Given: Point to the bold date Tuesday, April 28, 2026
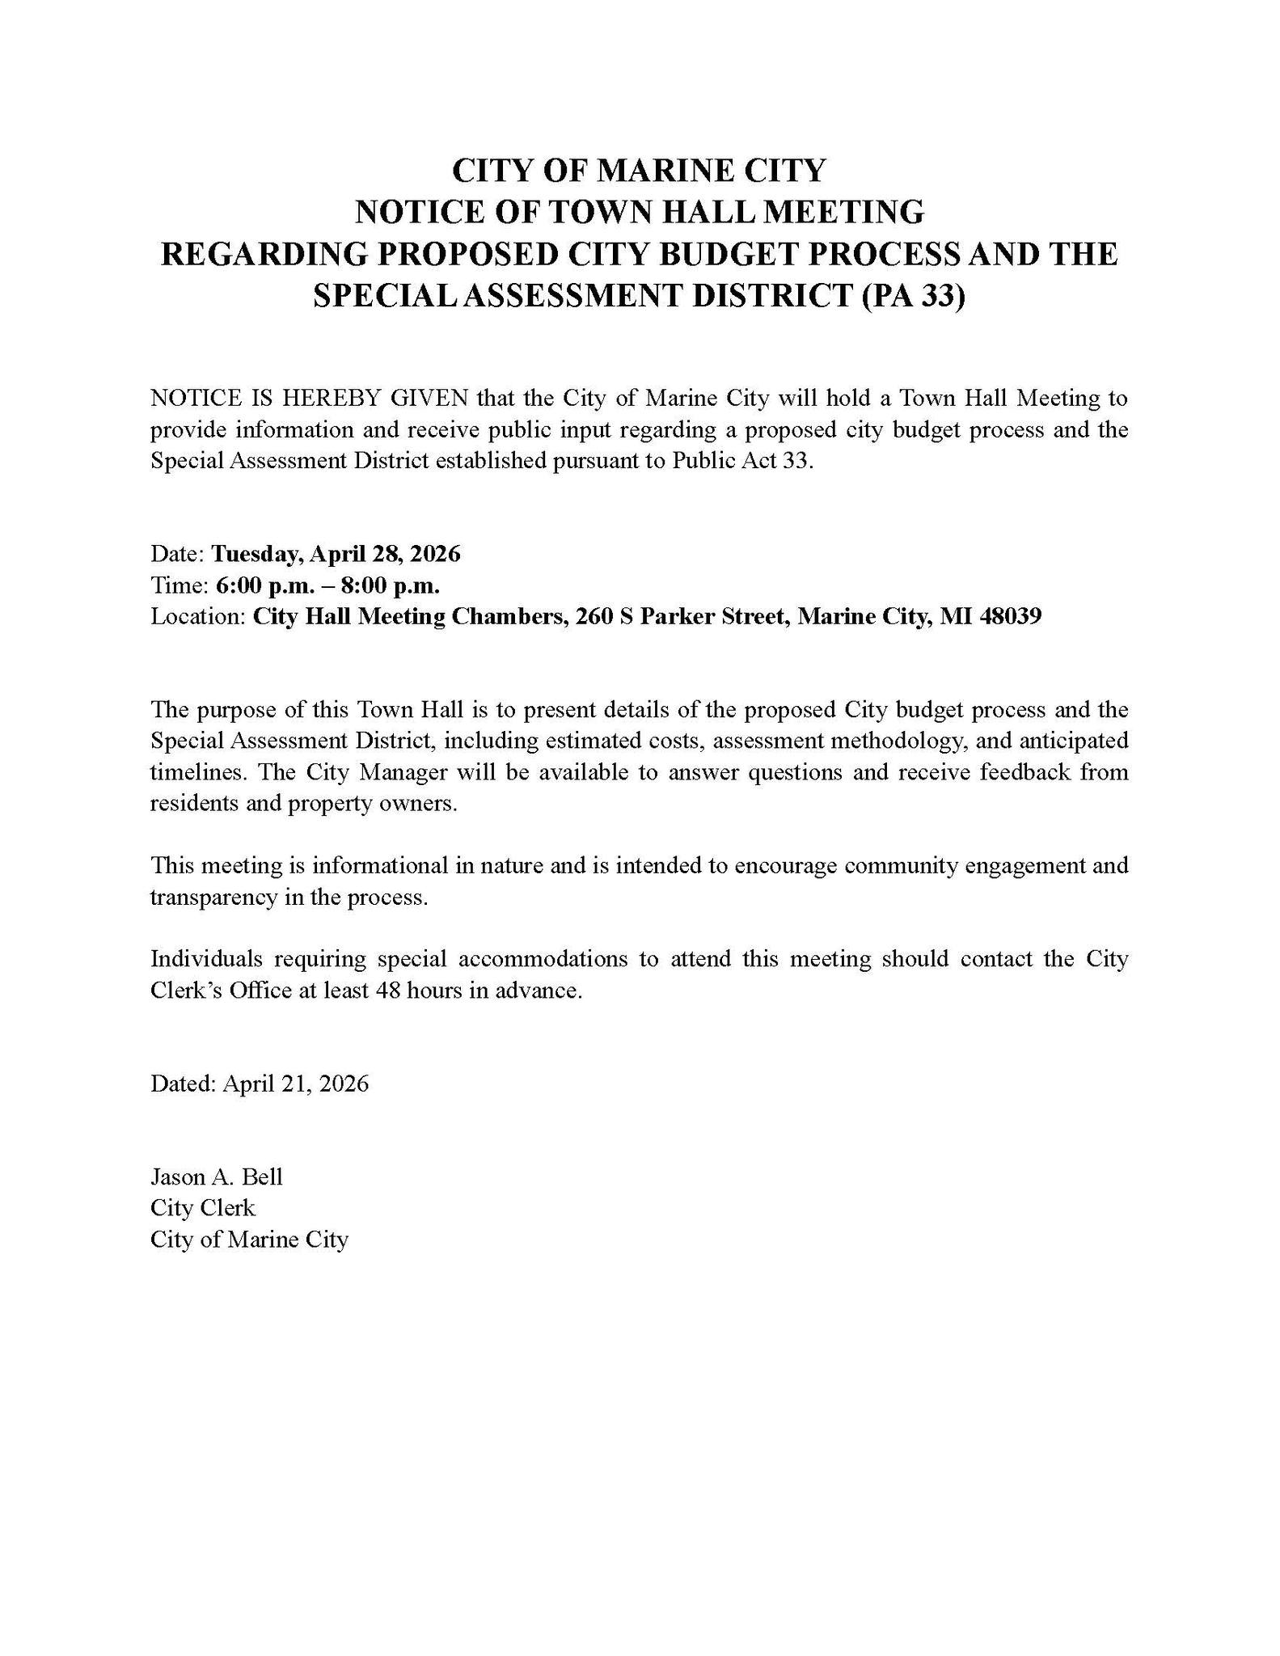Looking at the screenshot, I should point(336,554).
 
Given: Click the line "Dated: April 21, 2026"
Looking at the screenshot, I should point(260,1084).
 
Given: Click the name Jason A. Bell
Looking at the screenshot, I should point(216,1177).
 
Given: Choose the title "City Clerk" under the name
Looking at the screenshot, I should point(202,1208).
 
